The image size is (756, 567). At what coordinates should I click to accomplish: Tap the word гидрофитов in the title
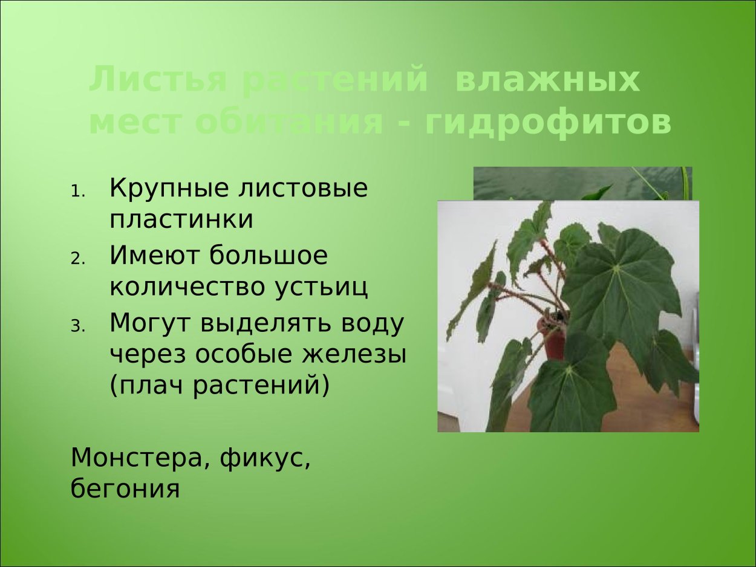[548, 123]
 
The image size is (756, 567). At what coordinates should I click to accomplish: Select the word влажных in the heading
[547, 81]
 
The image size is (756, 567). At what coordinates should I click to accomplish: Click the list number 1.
[78, 193]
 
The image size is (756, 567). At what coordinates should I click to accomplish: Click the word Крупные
[161, 189]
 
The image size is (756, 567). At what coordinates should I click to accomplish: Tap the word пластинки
[181, 219]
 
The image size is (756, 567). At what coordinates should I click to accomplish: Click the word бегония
[125, 488]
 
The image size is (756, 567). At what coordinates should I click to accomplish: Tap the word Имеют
[154, 256]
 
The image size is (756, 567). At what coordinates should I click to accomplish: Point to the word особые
[246, 354]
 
